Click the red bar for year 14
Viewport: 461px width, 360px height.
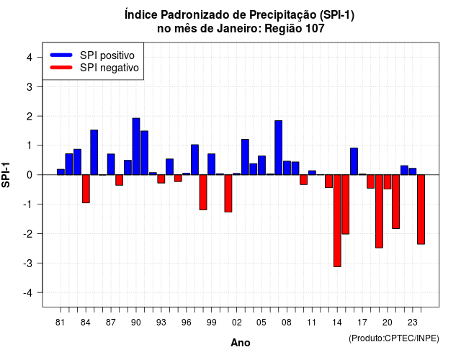point(337,221)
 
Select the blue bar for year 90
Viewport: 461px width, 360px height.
point(136,146)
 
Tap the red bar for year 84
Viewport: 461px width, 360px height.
point(86,189)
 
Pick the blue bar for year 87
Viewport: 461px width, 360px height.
point(111,164)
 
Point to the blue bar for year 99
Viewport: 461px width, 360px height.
point(211,164)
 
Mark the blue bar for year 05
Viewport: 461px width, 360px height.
point(261,165)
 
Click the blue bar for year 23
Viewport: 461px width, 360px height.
point(413,171)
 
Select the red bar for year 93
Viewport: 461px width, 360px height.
point(161,179)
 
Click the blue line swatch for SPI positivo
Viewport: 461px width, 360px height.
point(61,55)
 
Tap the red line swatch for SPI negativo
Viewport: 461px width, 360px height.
point(61,68)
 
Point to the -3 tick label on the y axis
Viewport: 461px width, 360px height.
point(28,263)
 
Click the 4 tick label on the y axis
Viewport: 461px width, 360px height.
point(30,57)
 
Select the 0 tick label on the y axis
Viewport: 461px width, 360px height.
point(30,175)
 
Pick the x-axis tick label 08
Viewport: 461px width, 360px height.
point(287,323)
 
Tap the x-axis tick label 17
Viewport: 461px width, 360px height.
point(362,323)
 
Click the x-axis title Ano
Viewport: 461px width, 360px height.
point(241,343)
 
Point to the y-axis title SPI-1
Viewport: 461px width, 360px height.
point(6,175)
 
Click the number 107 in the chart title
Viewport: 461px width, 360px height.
point(315,29)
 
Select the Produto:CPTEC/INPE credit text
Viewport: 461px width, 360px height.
point(394,338)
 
